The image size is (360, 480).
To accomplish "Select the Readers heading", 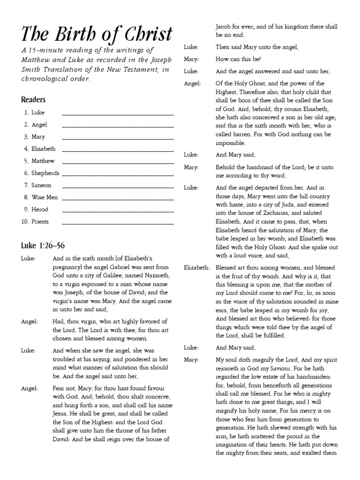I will (x=33, y=100).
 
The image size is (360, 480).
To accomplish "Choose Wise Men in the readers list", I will (x=45, y=197).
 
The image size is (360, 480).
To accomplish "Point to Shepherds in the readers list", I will (x=45, y=173).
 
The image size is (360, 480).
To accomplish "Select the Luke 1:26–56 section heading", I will (x=46, y=246).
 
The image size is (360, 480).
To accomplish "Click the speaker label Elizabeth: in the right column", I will (x=196, y=268).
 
